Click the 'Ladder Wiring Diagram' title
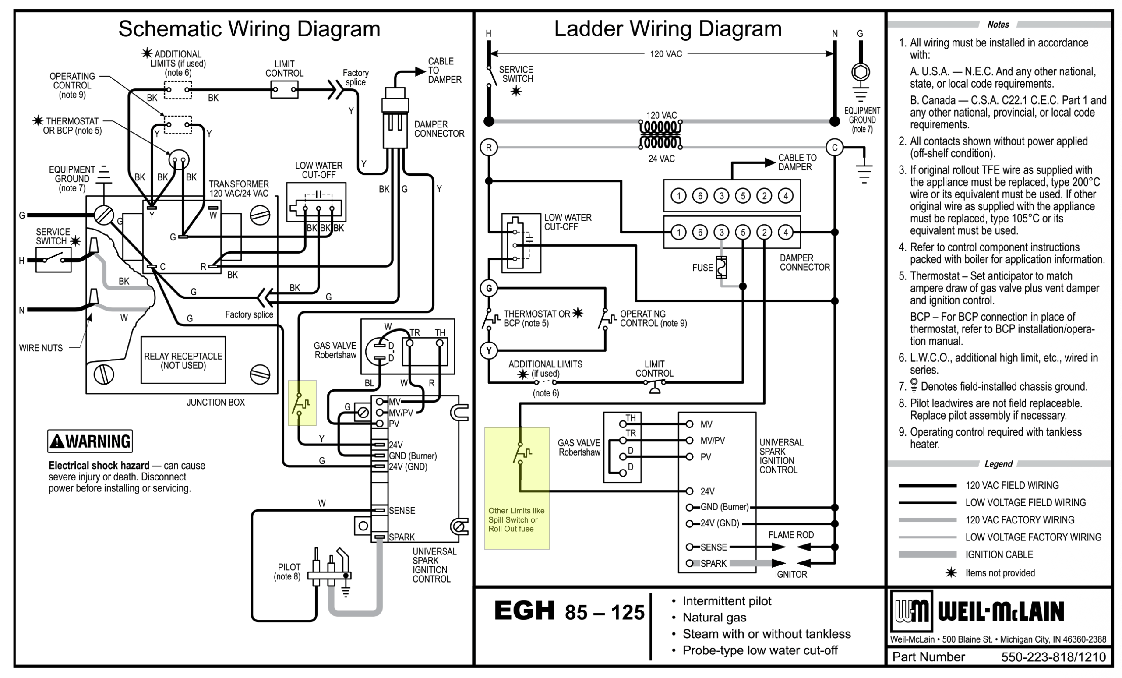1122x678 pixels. (667, 28)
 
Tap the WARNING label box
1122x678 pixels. (90, 441)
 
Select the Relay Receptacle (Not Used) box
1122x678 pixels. (183, 360)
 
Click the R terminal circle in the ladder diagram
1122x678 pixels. (489, 148)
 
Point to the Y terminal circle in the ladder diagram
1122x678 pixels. (489, 351)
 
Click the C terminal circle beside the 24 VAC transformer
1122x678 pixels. (834, 148)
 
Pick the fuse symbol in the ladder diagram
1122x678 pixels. (721, 267)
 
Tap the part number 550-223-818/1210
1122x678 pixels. (1053, 657)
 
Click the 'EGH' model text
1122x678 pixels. (525, 611)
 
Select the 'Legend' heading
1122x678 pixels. (998, 464)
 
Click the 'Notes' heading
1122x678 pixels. (998, 25)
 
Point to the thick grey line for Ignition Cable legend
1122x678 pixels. (927, 554)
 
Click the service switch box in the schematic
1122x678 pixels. (53, 260)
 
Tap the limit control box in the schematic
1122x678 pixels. (284, 90)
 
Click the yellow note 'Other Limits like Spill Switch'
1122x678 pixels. (516, 519)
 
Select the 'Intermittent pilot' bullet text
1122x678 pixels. (727, 601)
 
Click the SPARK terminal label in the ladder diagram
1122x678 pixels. (713, 563)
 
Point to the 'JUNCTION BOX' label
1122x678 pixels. (215, 403)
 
